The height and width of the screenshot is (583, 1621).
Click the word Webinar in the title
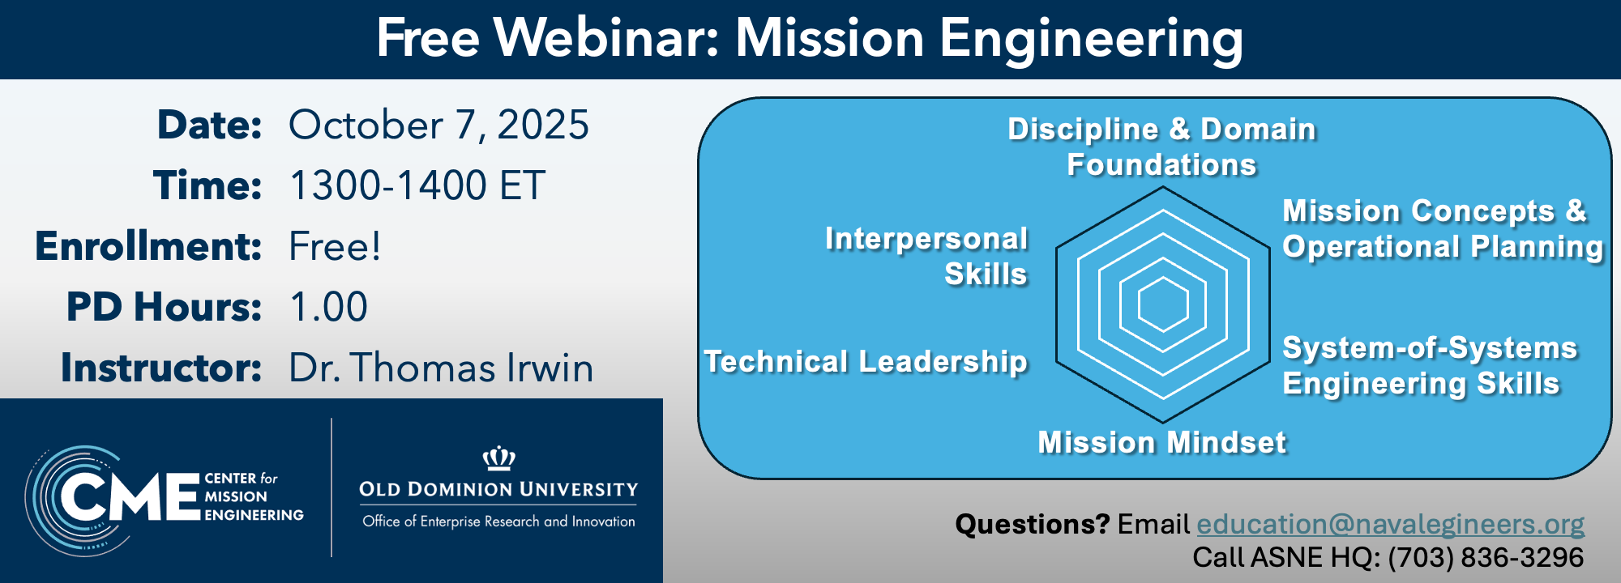point(607,38)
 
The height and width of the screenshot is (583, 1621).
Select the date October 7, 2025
point(438,126)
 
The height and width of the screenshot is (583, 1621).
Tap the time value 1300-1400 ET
point(417,185)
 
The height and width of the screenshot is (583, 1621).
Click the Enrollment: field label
point(148,246)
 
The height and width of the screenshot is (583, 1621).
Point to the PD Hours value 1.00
point(328,307)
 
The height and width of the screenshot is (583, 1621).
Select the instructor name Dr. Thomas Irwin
point(441,368)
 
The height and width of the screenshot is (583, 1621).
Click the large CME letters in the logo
point(130,496)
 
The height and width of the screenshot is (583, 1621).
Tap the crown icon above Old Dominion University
point(499,458)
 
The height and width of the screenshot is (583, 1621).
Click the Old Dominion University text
point(498,489)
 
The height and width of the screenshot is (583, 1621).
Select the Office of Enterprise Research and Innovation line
point(498,521)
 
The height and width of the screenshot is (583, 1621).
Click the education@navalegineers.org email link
point(1390,524)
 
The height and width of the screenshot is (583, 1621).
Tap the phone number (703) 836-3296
point(1486,557)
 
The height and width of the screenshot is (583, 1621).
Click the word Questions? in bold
point(1032,524)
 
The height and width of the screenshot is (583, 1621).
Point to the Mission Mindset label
point(1162,443)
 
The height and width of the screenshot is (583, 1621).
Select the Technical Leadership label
point(866,362)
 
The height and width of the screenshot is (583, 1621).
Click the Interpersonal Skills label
point(926,257)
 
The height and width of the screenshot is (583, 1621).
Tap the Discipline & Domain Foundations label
point(1161,147)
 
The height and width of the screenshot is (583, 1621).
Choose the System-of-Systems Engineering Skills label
point(1430,366)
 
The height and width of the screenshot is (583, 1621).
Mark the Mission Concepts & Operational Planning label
point(1443,229)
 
